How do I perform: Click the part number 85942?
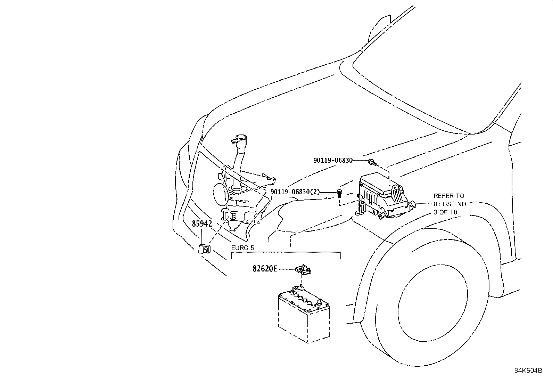pyautogui.click(x=202, y=223)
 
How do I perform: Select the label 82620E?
pyautogui.click(x=265, y=269)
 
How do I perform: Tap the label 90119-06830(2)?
pyautogui.click(x=295, y=192)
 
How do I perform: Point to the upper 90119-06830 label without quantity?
pyautogui.click(x=333, y=160)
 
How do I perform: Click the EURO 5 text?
pyautogui.click(x=242, y=248)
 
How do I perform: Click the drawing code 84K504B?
pyautogui.click(x=528, y=371)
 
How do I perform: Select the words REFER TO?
pyautogui.click(x=449, y=196)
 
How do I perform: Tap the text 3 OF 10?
pyautogui.click(x=445, y=212)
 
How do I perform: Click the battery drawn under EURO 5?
pyautogui.click(x=304, y=314)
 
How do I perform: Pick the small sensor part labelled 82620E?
pyautogui.click(x=303, y=269)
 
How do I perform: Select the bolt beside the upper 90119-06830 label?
pyautogui.click(x=372, y=162)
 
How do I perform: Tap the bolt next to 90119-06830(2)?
pyautogui.click(x=340, y=194)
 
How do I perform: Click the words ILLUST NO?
pyautogui.click(x=451, y=204)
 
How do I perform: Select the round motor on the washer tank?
pyautogui.click(x=220, y=194)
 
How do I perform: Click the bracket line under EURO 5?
pyautogui.click(x=286, y=253)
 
